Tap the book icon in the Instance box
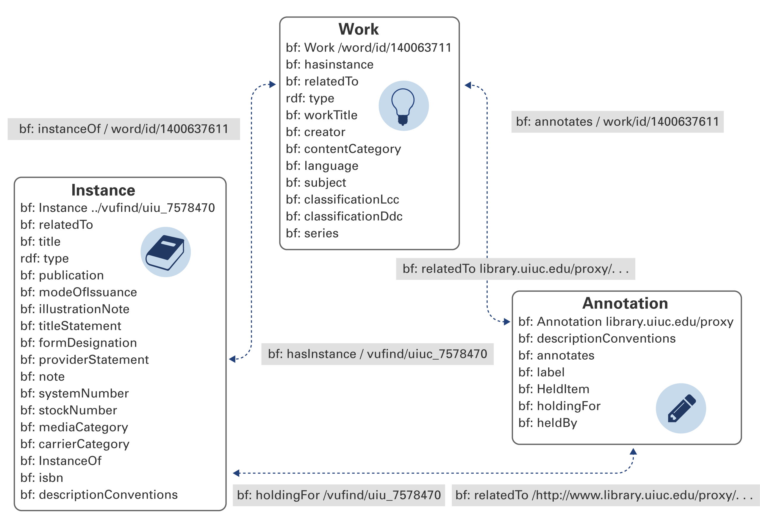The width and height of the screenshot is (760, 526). point(165,252)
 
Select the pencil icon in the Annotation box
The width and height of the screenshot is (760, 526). point(681,408)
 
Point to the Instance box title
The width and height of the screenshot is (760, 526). point(103,191)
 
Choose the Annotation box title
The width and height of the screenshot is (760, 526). point(625,303)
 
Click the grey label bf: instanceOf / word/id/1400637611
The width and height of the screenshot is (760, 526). point(123,129)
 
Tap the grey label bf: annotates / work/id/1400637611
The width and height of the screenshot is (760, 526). point(617,122)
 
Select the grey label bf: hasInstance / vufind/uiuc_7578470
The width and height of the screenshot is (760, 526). point(377,354)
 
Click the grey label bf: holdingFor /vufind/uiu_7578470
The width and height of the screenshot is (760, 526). point(339,495)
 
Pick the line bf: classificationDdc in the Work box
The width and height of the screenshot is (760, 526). point(344,216)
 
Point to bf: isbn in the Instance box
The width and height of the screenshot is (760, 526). point(42,477)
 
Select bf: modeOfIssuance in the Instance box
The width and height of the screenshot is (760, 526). point(78,292)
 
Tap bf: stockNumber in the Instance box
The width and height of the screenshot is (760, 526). point(68,410)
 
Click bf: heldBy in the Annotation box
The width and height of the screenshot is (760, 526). point(548,423)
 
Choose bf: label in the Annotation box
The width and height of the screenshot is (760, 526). point(541,372)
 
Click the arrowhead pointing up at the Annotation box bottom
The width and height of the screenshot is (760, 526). point(633,451)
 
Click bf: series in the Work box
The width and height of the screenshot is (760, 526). point(312,233)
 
